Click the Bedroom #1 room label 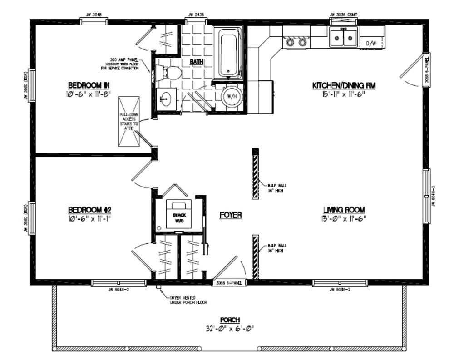pos(89,85)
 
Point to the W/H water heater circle pos(232,96)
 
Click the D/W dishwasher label pos(371,44)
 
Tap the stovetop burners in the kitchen pos(296,42)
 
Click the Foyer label pos(230,215)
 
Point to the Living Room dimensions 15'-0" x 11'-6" pos(344,218)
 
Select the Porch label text pos(231,320)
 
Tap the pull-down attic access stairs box pos(128,122)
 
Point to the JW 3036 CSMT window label pos(343,15)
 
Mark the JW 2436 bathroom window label pos(196,15)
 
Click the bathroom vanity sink pos(166,97)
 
